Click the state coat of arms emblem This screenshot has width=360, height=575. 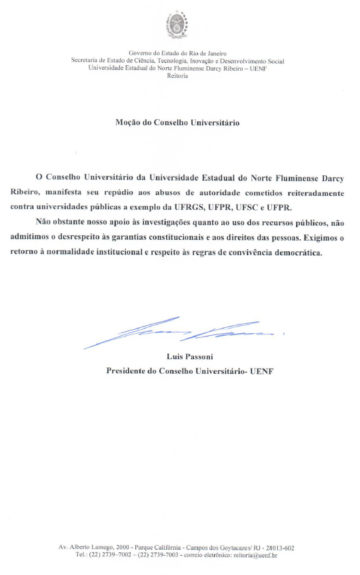coord(177,26)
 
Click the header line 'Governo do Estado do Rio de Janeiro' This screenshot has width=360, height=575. coord(177,53)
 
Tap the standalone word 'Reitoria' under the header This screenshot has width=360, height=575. coord(177,76)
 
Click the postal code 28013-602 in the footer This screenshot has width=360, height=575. coord(278,548)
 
